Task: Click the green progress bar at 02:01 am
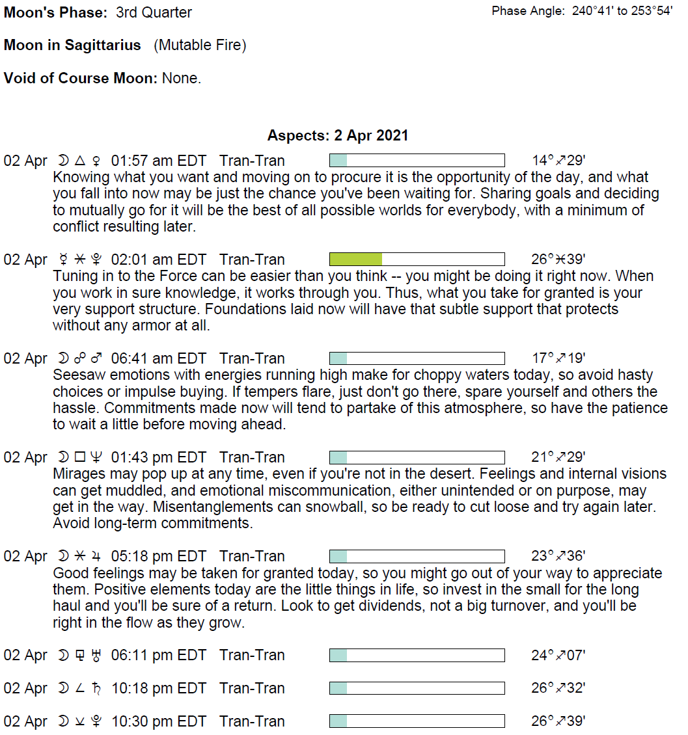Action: (x=417, y=260)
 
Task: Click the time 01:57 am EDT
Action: (x=158, y=161)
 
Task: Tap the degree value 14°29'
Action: (x=558, y=161)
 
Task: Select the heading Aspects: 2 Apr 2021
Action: (x=338, y=136)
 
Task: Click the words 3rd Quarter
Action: (x=154, y=12)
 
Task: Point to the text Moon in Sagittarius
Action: (x=72, y=46)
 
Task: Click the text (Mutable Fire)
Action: (x=200, y=46)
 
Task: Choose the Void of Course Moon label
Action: (x=81, y=79)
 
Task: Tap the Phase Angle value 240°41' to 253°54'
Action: (x=622, y=11)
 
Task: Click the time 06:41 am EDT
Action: (x=158, y=358)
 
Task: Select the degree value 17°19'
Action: (x=558, y=358)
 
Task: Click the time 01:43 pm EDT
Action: (x=158, y=457)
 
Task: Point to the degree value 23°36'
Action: (x=558, y=556)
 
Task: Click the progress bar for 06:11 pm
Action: (x=417, y=655)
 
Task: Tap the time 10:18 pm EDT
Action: (x=158, y=688)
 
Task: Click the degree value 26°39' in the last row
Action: (x=558, y=721)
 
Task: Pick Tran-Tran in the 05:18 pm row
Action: (x=252, y=556)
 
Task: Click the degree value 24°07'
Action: (x=558, y=655)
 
